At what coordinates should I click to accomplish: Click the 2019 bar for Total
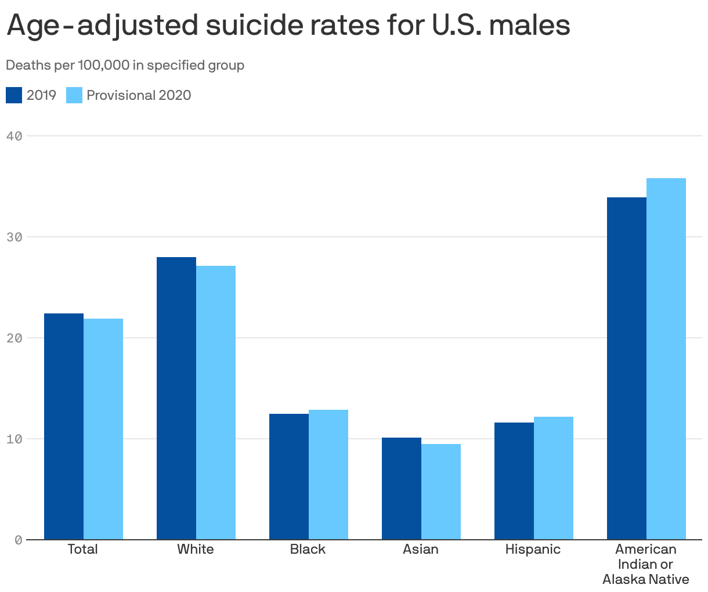(64, 427)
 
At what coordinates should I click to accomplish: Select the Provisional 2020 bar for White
(216, 403)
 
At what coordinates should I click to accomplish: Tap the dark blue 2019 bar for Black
(289, 477)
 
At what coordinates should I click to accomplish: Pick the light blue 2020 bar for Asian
(441, 492)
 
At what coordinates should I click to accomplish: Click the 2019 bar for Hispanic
(514, 481)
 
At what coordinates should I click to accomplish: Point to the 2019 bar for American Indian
(627, 369)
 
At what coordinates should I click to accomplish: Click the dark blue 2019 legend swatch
(14, 95)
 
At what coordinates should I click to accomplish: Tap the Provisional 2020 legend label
(139, 95)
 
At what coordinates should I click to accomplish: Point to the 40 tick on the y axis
(15, 136)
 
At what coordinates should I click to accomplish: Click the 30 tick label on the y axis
(15, 237)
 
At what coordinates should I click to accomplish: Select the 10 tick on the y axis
(15, 439)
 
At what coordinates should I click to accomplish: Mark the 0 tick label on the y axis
(18, 540)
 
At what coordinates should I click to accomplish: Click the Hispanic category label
(533, 549)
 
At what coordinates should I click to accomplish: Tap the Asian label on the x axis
(421, 549)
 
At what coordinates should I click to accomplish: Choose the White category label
(196, 549)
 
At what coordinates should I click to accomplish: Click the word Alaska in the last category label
(624, 579)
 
